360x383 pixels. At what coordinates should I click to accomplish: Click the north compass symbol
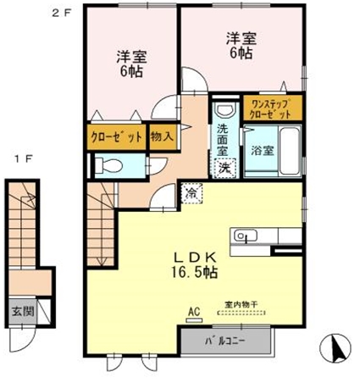pos(335,348)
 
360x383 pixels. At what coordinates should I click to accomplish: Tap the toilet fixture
pos(108,165)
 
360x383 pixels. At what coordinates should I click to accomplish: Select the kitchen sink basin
pos(246,236)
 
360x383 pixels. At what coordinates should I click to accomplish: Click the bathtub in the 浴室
pos(290,151)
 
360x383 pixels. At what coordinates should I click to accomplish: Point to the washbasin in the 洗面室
pos(225,109)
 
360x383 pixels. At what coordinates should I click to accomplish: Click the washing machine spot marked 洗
pos(225,168)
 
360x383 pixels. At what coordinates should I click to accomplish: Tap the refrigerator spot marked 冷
pos(191,193)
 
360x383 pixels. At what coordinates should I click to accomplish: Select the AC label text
pos(194,312)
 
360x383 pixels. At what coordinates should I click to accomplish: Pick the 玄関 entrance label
pos(23,312)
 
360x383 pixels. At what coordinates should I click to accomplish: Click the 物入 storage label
pos(162,137)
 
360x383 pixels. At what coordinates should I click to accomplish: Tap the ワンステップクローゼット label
pos(271,108)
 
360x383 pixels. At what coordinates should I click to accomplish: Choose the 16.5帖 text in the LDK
pos(194,273)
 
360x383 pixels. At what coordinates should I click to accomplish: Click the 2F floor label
pos(61,13)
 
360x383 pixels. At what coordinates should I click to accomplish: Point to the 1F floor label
pos(24,158)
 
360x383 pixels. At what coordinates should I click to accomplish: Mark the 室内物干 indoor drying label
pos(241,304)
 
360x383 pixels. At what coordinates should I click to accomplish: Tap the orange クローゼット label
pos(116,137)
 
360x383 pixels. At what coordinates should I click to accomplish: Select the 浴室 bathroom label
pos(263,151)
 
